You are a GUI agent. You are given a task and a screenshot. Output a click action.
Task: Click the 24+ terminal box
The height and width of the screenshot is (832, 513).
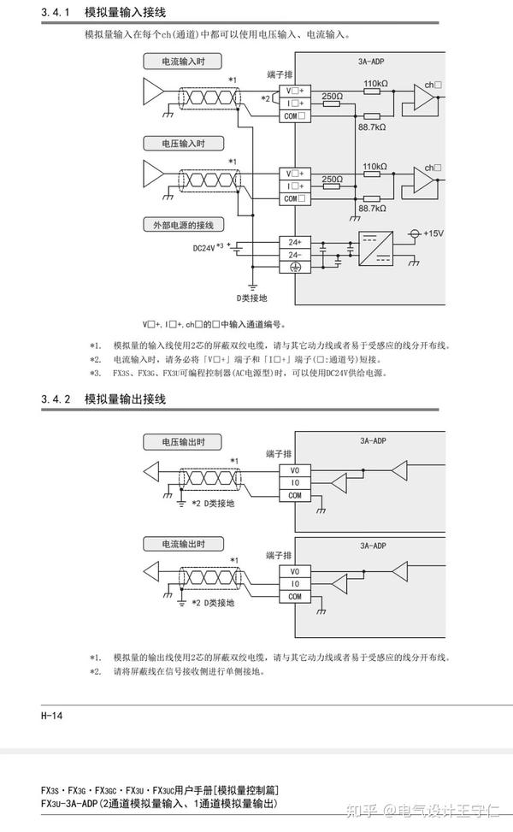click(x=295, y=242)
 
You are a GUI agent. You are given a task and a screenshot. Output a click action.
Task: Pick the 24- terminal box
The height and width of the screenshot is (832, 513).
click(x=295, y=254)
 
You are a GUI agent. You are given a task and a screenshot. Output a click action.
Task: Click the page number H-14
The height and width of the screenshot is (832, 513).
click(x=52, y=715)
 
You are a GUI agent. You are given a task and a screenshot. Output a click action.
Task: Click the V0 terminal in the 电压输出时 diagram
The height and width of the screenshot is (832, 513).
click(x=295, y=469)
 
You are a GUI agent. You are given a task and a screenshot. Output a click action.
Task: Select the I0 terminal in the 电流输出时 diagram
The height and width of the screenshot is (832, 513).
click(x=295, y=584)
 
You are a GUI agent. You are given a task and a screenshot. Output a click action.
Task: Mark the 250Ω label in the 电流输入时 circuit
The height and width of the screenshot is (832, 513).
click(x=333, y=97)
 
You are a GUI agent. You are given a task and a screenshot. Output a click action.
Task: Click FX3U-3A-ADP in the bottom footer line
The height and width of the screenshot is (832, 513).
click(x=69, y=803)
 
